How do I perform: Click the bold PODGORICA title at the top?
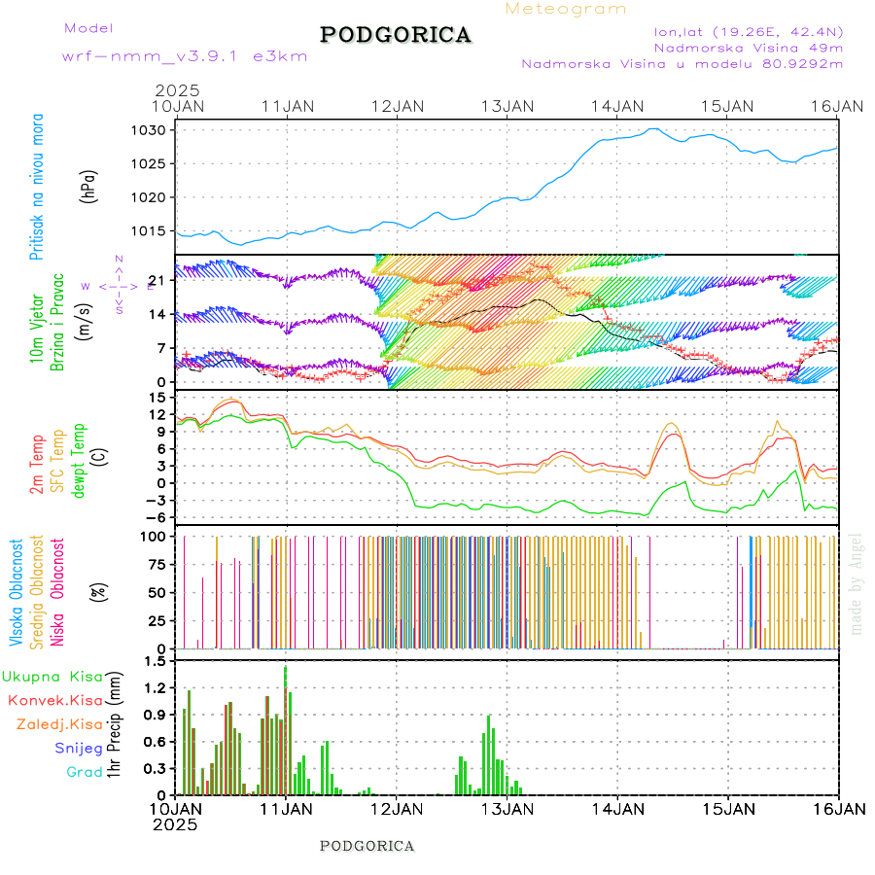pos(396,35)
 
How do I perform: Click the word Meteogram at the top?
pos(566,9)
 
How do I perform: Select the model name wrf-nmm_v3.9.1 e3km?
pos(184,56)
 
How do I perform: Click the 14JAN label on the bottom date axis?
pos(618,808)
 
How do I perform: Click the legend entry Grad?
pos(85,772)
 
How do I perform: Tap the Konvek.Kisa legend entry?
pos(54,700)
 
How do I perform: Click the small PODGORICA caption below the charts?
pos(367,846)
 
